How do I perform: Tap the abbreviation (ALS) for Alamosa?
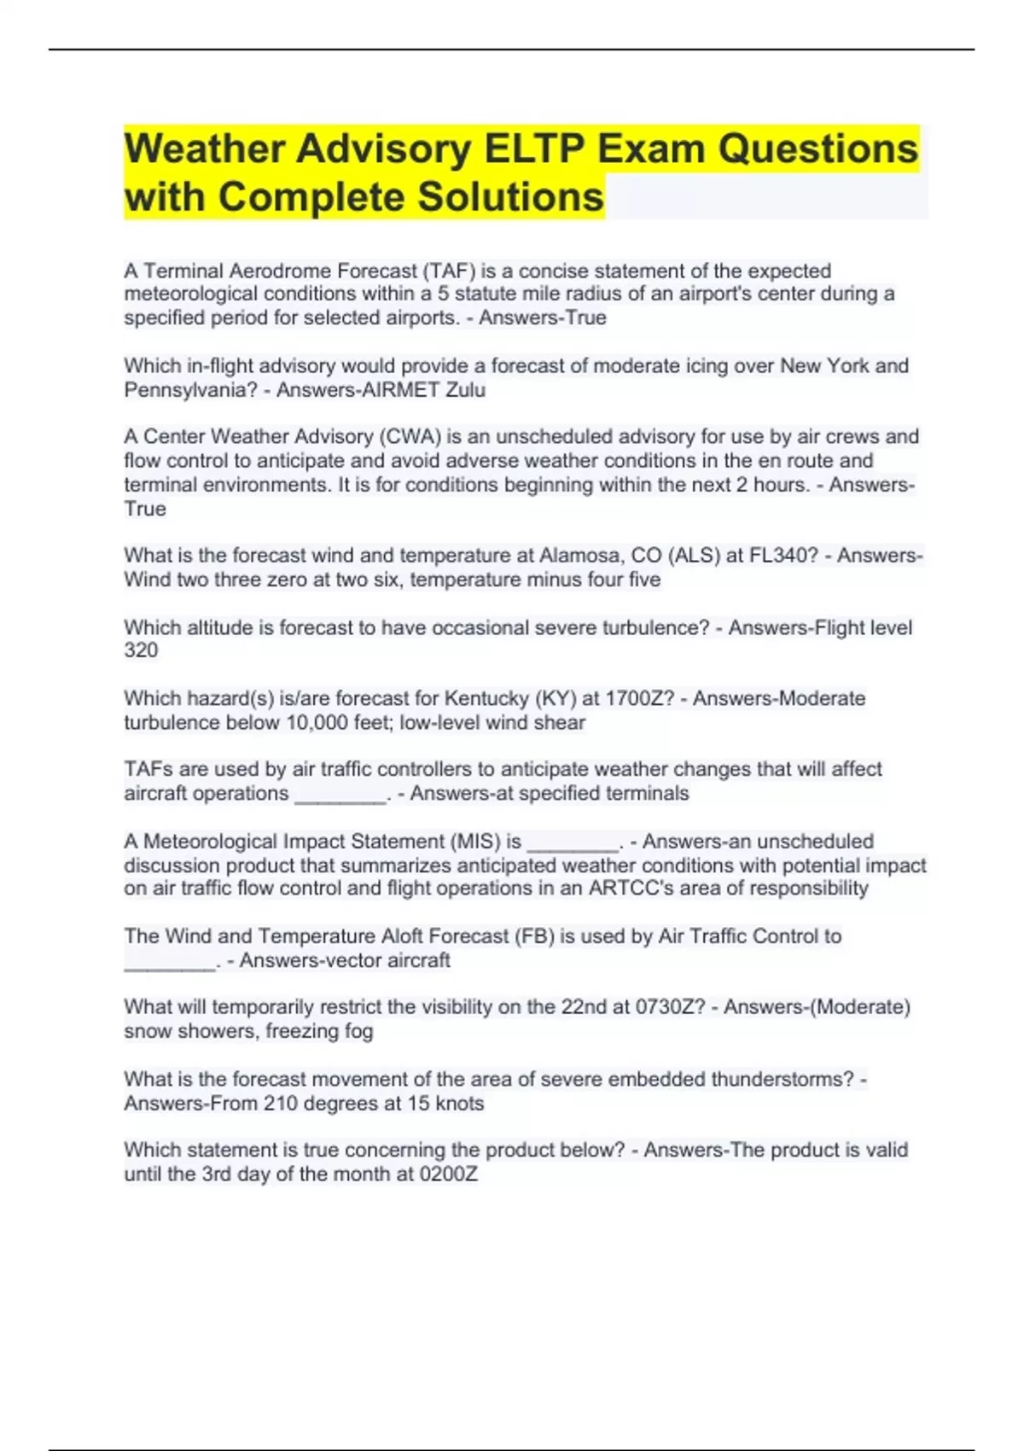tap(695, 556)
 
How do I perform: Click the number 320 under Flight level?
tap(141, 650)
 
